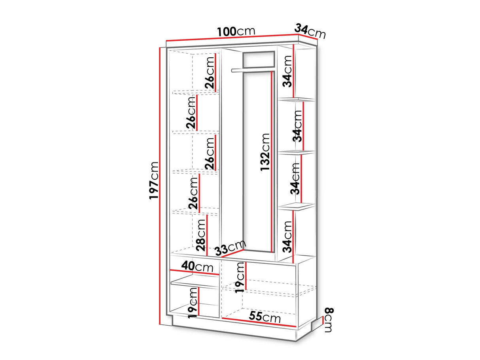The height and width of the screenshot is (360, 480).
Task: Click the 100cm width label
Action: (x=236, y=32)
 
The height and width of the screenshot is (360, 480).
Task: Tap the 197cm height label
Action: (x=154, y=181)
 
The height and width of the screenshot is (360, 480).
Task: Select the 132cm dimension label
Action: (x=265, y=152)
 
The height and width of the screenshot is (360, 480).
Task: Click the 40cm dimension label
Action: (x=197, y=266)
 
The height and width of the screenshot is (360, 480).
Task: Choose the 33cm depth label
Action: (x=231, y=248)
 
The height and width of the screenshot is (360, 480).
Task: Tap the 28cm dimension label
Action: (x=201, y=235)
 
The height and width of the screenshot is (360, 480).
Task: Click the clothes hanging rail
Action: (x=253, y=70)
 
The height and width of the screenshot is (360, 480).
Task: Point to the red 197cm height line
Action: (x=160, y=186)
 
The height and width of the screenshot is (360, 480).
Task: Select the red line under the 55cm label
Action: (x=259, y=322)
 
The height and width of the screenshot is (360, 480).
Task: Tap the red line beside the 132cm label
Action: (x=272, y=162)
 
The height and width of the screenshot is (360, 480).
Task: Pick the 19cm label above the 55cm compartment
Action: (x=240, y=277)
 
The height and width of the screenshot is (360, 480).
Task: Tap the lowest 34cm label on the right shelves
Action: (x=287, y=237)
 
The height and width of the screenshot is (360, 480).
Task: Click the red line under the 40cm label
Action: (x=195, y=272)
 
